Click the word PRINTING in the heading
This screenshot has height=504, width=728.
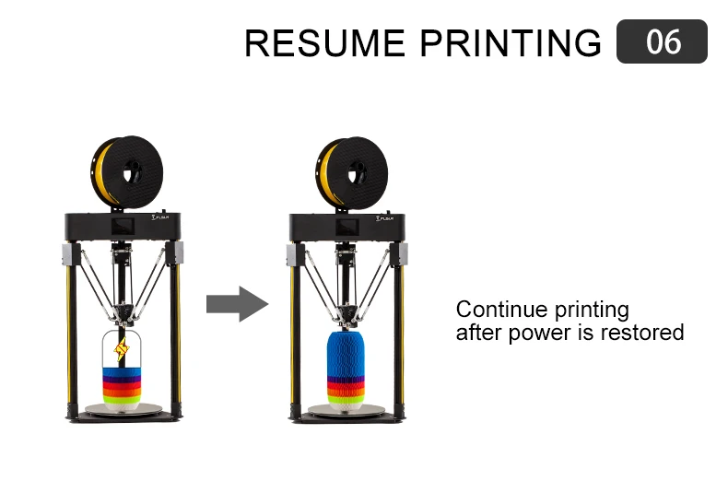(x=507, y=43)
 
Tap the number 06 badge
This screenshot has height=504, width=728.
(x=662, y=42)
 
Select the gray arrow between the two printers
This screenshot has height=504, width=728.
(x=236, y=303)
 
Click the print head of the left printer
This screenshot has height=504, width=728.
(x=123, y=317)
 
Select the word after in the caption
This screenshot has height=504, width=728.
(x=476, y=332)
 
